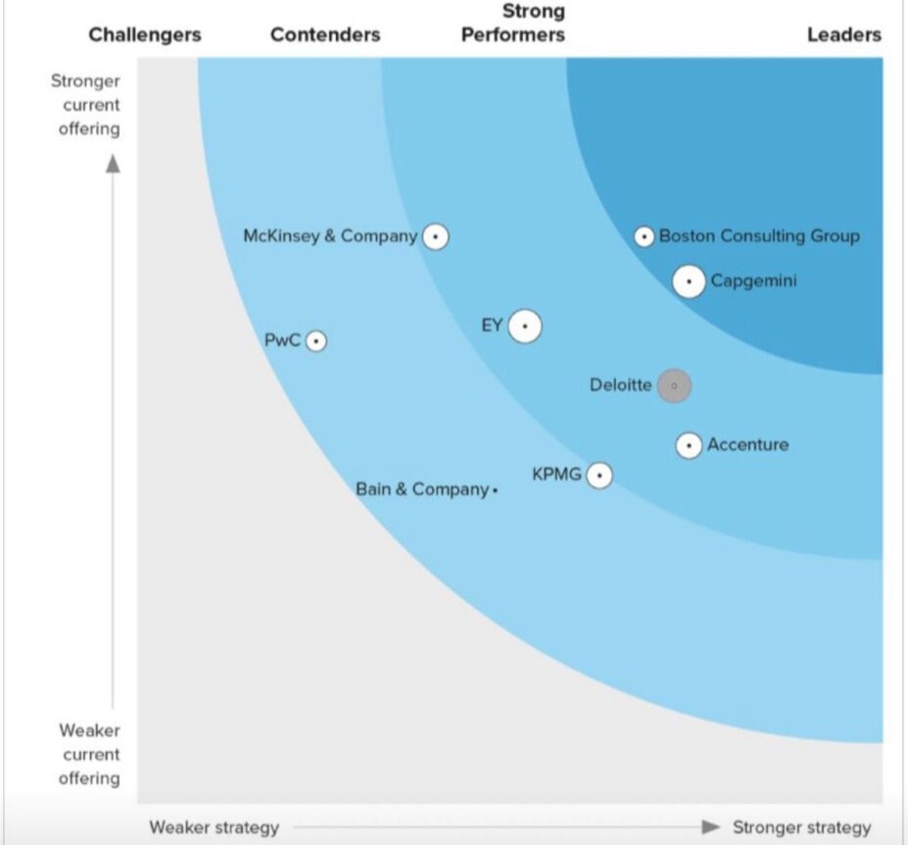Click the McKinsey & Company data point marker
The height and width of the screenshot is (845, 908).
435,236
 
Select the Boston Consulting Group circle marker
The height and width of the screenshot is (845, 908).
644,236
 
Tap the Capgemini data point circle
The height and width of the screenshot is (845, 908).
690,281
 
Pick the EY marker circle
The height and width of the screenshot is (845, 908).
525,326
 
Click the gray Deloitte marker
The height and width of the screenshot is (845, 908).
674,386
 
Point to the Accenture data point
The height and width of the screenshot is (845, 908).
690,446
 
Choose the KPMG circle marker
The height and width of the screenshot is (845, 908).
598,475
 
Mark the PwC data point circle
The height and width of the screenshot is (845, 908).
315,341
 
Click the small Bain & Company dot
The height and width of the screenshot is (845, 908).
496,490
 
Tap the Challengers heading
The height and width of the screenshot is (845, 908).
145,35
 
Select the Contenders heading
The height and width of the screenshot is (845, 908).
325,35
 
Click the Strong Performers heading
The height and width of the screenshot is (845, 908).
513,24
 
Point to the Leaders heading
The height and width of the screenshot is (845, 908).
843,35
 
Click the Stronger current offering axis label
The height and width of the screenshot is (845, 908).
86,105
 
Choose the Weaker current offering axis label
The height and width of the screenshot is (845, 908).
89,754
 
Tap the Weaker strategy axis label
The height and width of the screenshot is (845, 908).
214,827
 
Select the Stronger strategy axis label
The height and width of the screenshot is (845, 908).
801,827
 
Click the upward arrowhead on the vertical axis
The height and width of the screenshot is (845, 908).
113,163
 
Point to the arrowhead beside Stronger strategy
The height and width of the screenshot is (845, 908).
711,827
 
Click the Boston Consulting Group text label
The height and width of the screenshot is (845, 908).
759,236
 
